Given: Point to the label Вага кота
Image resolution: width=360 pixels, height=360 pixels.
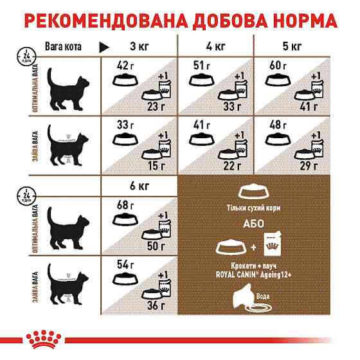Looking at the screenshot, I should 60,46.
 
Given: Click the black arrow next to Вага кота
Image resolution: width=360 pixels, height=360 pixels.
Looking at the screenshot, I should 104,47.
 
